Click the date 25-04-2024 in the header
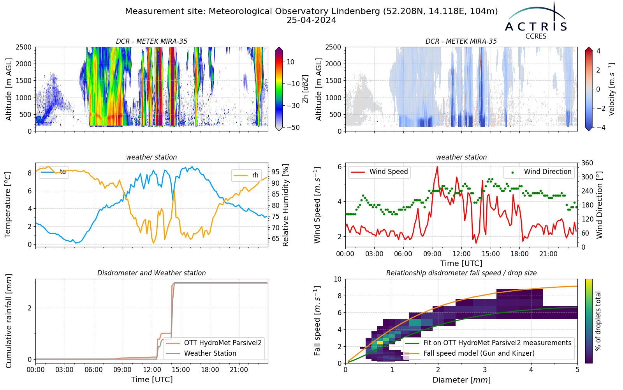pyautogui.click(x=311, y=20)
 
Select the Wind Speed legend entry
pyautogui.click(x=379, y=172)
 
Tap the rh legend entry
pyautogui.click(x=246, y=175)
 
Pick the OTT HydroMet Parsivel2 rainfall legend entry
pyautogui.click(x=214, y=343)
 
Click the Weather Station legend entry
pyautogui.click(x=201, y=353)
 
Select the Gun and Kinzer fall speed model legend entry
pyautogui.click(x=470, y=353)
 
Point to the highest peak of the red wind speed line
pyautogui.click(x=437, y=167)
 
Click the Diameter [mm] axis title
pyautogui.click(x=461, y=380)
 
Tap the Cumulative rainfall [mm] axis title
pyautogui.click(x=8, y=321)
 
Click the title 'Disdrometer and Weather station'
pyautogui.click(x=151, y=273)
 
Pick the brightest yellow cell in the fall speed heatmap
pyautogui.click(x=380, y=343)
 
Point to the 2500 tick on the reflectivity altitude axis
pyautogui.click(x=24, y=47)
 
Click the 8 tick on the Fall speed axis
pyautogui.click(x=340, y=296)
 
